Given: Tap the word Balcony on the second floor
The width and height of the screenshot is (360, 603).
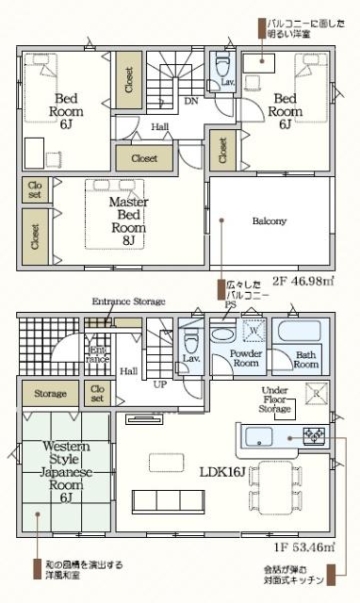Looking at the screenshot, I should [270, 221].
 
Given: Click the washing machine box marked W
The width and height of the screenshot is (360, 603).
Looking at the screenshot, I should [252, 332].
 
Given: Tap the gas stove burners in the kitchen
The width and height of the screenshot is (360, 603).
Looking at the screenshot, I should [313, 435].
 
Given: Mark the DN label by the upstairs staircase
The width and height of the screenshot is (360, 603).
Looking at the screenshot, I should [190, 102].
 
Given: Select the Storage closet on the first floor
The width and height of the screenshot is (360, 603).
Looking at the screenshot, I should [50, 393].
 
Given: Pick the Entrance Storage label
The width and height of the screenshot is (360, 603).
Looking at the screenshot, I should [128, 301].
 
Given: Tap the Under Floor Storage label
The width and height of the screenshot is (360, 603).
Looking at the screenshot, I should [277, 400].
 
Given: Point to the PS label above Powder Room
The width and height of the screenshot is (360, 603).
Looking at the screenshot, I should [228, 304].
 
